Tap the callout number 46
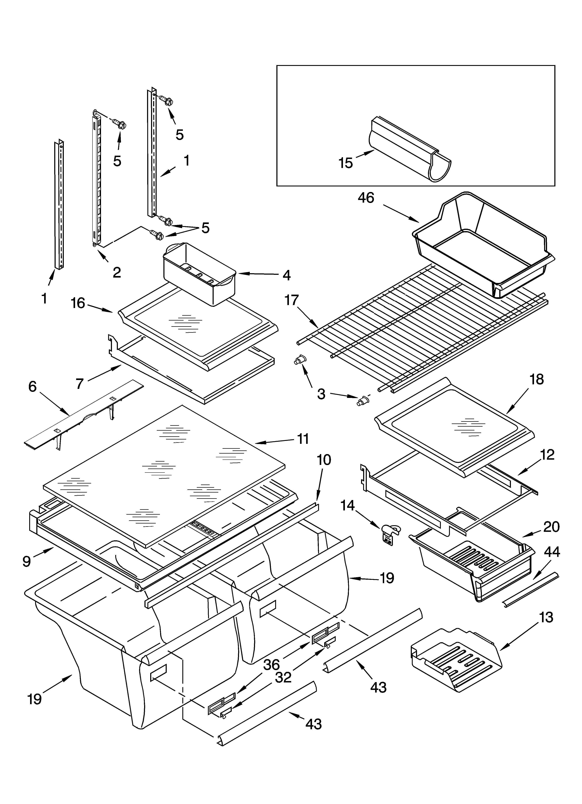[366, 198]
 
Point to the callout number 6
[32, 386]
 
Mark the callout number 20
[552, 527]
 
